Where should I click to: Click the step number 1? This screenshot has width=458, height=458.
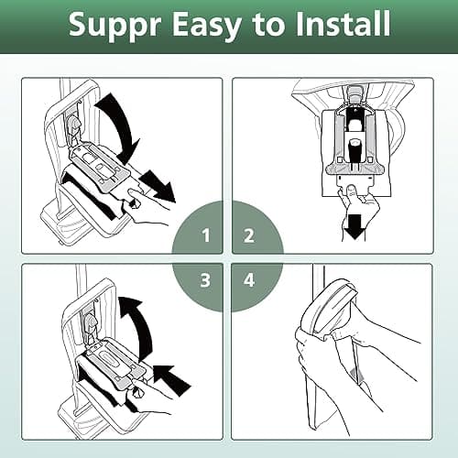tap(207, 236)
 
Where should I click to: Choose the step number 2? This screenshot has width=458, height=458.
tap(249, 236)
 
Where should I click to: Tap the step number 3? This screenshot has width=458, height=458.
tap(207, 278)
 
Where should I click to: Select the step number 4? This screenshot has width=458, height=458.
tap(249, 278)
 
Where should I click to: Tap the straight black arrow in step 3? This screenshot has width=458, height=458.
tap(169, 376)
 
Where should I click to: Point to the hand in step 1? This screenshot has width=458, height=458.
tap(147, 206)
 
